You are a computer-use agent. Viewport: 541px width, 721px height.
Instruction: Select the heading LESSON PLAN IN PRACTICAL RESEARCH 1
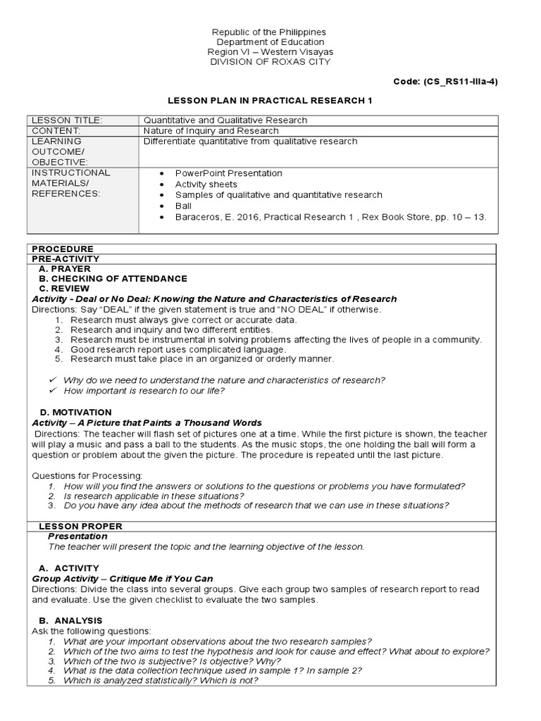pos(270,101)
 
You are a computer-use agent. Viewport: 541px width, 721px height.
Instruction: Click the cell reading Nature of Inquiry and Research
pos(211,131)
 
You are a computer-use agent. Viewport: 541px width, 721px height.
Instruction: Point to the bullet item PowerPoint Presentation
pos(229,173)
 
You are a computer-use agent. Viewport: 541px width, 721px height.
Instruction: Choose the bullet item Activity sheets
pos(206,184)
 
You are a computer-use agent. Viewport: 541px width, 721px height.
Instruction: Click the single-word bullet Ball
pos(183,206)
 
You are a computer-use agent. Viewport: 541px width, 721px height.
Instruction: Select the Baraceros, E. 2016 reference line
pos(330,218)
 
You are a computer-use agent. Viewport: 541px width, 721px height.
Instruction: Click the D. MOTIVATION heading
pos(75,412)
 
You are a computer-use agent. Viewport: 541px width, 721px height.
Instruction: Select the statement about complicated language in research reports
pos(178,349)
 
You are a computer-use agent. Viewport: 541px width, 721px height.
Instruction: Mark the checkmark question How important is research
pos(144,391)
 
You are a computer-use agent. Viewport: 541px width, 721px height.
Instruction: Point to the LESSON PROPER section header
pos(80,526)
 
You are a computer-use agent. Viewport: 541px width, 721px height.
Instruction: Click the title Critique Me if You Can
pos(141,579)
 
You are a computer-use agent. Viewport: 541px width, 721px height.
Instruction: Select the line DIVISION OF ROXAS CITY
pos(270,62)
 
